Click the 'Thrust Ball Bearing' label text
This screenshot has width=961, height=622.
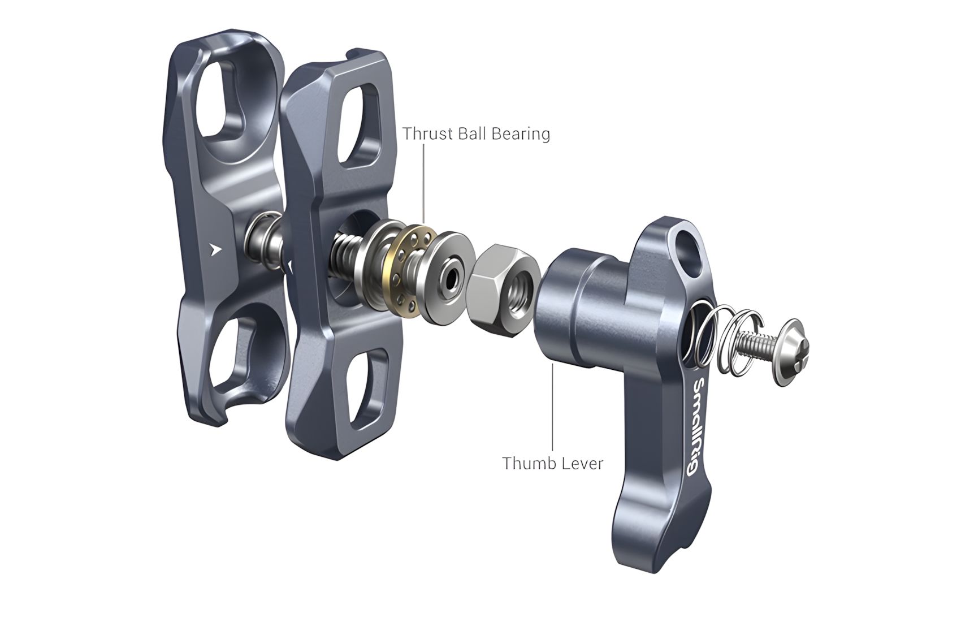pos(476,134)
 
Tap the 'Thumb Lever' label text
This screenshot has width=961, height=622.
pos(553,463)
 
